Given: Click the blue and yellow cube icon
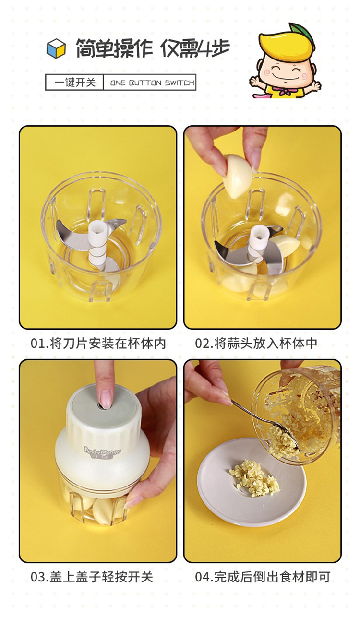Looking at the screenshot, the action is click(56, 48).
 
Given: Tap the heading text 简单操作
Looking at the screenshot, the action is click(114, 48).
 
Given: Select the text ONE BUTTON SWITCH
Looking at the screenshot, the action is click(152, 83).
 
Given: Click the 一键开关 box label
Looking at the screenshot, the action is click(75, 83).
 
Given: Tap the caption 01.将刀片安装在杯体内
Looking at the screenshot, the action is click(98, 343).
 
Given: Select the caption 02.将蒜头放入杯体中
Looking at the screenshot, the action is click(256, 343).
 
